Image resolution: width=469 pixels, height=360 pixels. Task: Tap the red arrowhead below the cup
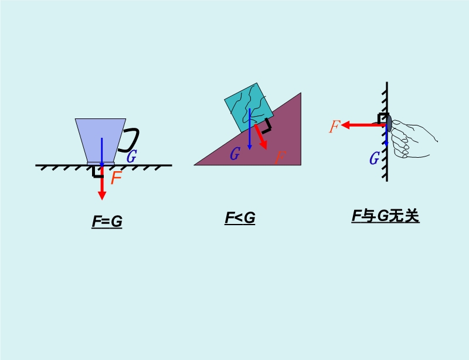tap(102, 195)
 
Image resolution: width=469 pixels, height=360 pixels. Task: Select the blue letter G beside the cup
tap(131, 156)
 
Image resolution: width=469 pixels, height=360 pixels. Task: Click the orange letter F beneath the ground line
tap(116, 178)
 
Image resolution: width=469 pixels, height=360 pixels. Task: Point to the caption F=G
tap(107, 222)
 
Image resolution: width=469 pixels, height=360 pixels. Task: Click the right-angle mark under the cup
tap(97, 172)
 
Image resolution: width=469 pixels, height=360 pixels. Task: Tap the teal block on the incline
tap(249, 108)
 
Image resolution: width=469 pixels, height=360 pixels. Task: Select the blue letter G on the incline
tap(235, 154)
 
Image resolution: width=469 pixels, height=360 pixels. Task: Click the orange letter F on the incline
tap(280, 157)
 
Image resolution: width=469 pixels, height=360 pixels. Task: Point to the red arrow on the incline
tap(260, 137)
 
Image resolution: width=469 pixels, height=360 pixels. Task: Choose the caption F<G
tap(240, 218)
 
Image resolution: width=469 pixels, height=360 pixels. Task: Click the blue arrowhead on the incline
tap(250, 147)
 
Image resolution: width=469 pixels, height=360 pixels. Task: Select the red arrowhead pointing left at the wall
tap(345, 125)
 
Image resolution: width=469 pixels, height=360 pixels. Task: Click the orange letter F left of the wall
tap(335, 126)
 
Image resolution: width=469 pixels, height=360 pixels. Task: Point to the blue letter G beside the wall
tap(375, 158)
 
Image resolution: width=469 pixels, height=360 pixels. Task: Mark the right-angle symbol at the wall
tap(383, 118)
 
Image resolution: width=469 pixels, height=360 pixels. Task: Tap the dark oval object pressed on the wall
tap(389, 124)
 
